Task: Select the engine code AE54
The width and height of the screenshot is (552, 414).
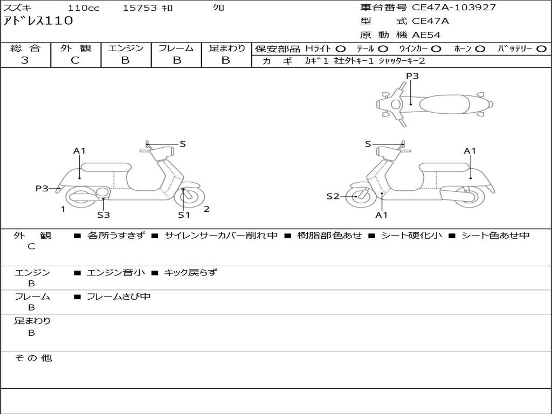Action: (x=426, y=36)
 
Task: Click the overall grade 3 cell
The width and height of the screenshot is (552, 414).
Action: (x=25, y=60)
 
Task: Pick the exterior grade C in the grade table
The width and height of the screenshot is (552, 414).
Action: (x=75, y=60)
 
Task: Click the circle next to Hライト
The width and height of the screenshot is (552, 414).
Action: (x=341, y=49)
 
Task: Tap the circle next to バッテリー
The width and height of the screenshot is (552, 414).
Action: (x=541, y=49)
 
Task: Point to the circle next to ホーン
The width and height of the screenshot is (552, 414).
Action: (x=480, y=49)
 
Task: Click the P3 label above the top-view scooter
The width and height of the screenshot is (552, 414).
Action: (x=412, y=76)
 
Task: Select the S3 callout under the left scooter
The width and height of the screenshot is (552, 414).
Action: (x=103, y=215)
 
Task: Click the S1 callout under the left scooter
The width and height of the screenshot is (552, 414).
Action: (x=184, y=215)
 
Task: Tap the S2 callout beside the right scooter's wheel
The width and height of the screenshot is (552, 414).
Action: (x=333, y=196)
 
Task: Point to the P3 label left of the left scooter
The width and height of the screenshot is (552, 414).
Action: (x=42, y=188)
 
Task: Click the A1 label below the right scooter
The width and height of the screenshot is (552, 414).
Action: (x=382, y=215)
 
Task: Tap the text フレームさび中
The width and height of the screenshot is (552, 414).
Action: (x=119, y=296)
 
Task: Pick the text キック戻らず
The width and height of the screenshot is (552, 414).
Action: (x=190, y=273)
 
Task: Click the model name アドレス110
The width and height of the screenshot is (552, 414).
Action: (x=38, y=22)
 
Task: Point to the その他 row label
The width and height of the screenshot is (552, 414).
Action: (x=33, y=358)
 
